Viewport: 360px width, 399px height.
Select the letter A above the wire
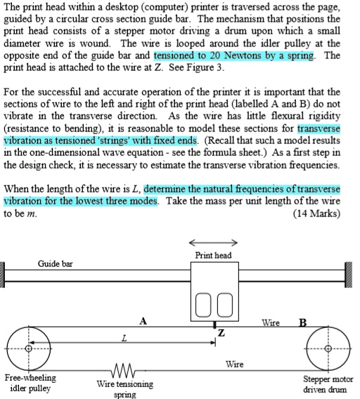click(143, 322)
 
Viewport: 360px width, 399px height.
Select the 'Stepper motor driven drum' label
click(328, 384)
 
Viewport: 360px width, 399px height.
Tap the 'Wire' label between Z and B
click(271, 323)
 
